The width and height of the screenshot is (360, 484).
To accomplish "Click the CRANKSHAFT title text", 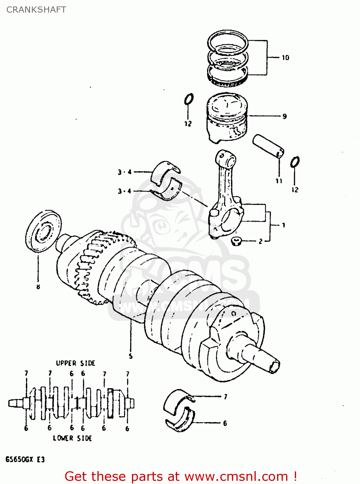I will [x=36, y=10].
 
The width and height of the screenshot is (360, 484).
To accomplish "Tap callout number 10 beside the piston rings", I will [x=285, y=58].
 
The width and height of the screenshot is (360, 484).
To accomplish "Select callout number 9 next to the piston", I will [x=285, y=116].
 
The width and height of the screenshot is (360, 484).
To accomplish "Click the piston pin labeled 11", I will [x=268, y=146].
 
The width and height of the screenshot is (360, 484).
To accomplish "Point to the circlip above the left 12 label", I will [x=189, y=99].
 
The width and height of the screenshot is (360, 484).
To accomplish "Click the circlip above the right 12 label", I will [x=295, y=162].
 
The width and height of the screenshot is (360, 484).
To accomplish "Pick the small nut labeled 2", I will [x=237, y=241].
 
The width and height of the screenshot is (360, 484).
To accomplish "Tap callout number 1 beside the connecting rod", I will [x=284, y=225].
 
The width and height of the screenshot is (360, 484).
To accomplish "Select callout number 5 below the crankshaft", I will [x=131, y=356].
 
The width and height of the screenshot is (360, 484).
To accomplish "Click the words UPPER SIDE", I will [x=75, y=363].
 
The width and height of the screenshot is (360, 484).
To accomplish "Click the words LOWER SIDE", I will [x=73, y=438].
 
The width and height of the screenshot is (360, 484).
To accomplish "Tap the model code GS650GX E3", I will [x=25, y=459].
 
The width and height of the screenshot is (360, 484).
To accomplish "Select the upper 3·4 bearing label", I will [x=125, y=172].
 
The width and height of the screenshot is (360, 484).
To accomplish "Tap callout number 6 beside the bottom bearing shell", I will [x=225, y=423].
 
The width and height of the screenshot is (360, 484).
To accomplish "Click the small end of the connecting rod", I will [x=225, y=158].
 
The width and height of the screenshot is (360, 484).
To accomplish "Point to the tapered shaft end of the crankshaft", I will [x=265, y=358].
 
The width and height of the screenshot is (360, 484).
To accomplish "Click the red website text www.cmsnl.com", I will [x=236, y=477].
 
